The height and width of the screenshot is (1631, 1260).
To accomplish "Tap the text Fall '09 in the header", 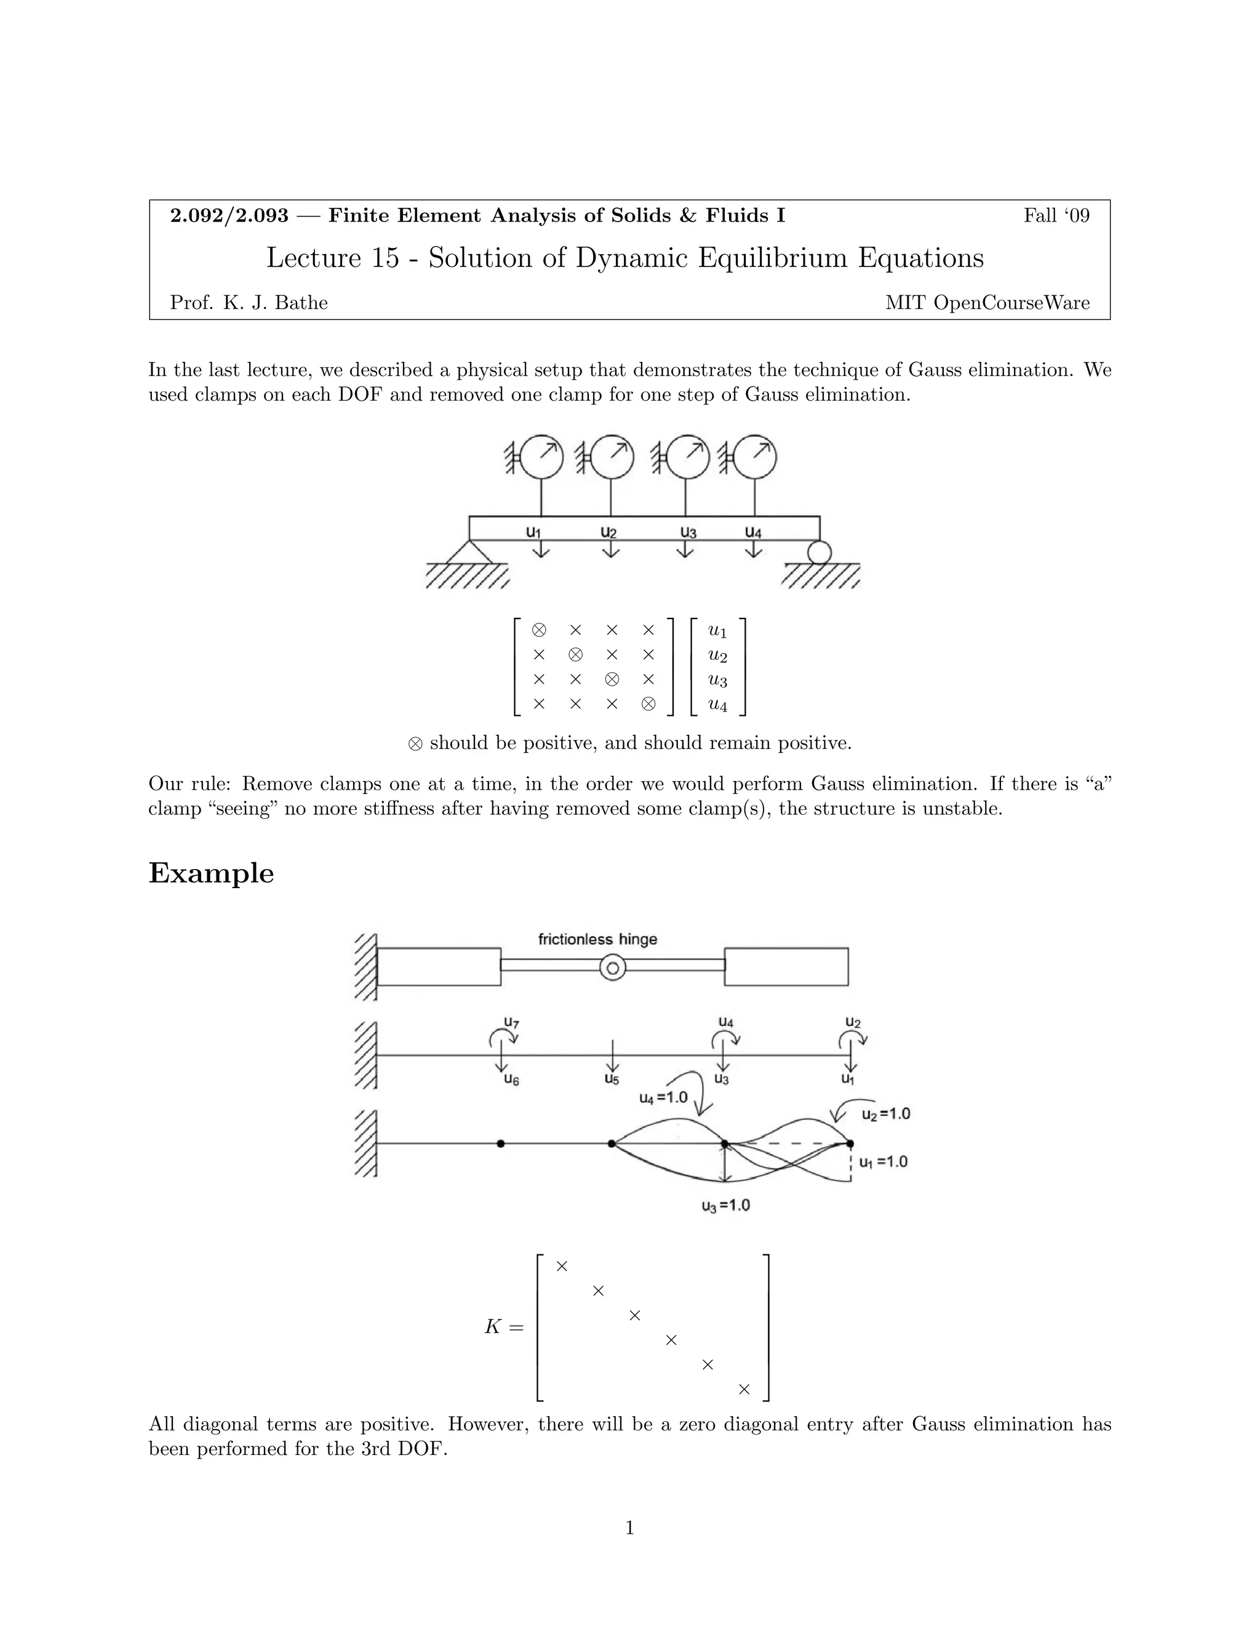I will pos(1056,216).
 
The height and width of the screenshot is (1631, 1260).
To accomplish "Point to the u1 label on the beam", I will pos(533,532).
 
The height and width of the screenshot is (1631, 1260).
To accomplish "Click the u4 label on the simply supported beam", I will pos(753,532).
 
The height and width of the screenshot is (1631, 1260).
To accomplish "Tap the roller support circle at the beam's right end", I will pos(819,553).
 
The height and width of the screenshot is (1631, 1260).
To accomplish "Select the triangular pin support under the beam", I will pos(469,552).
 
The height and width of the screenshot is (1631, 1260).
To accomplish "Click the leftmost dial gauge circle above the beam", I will pos(541,456).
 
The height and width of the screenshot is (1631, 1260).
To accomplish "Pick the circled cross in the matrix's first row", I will pos(539,630).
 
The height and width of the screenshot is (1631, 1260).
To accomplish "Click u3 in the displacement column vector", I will pos(717,680).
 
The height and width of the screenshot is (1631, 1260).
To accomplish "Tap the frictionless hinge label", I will pos(597,939).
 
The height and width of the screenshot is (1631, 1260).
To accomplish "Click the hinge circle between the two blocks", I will pos(613,969).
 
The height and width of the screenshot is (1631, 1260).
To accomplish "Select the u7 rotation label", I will pos(511,1022).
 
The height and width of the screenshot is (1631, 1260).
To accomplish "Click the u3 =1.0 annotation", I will pos(725,1205).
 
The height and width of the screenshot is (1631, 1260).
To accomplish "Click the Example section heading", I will pos(211,873).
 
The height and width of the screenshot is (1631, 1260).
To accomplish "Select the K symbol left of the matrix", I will pos(493,1327).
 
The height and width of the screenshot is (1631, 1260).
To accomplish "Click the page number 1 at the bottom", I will pos(629,1529).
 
